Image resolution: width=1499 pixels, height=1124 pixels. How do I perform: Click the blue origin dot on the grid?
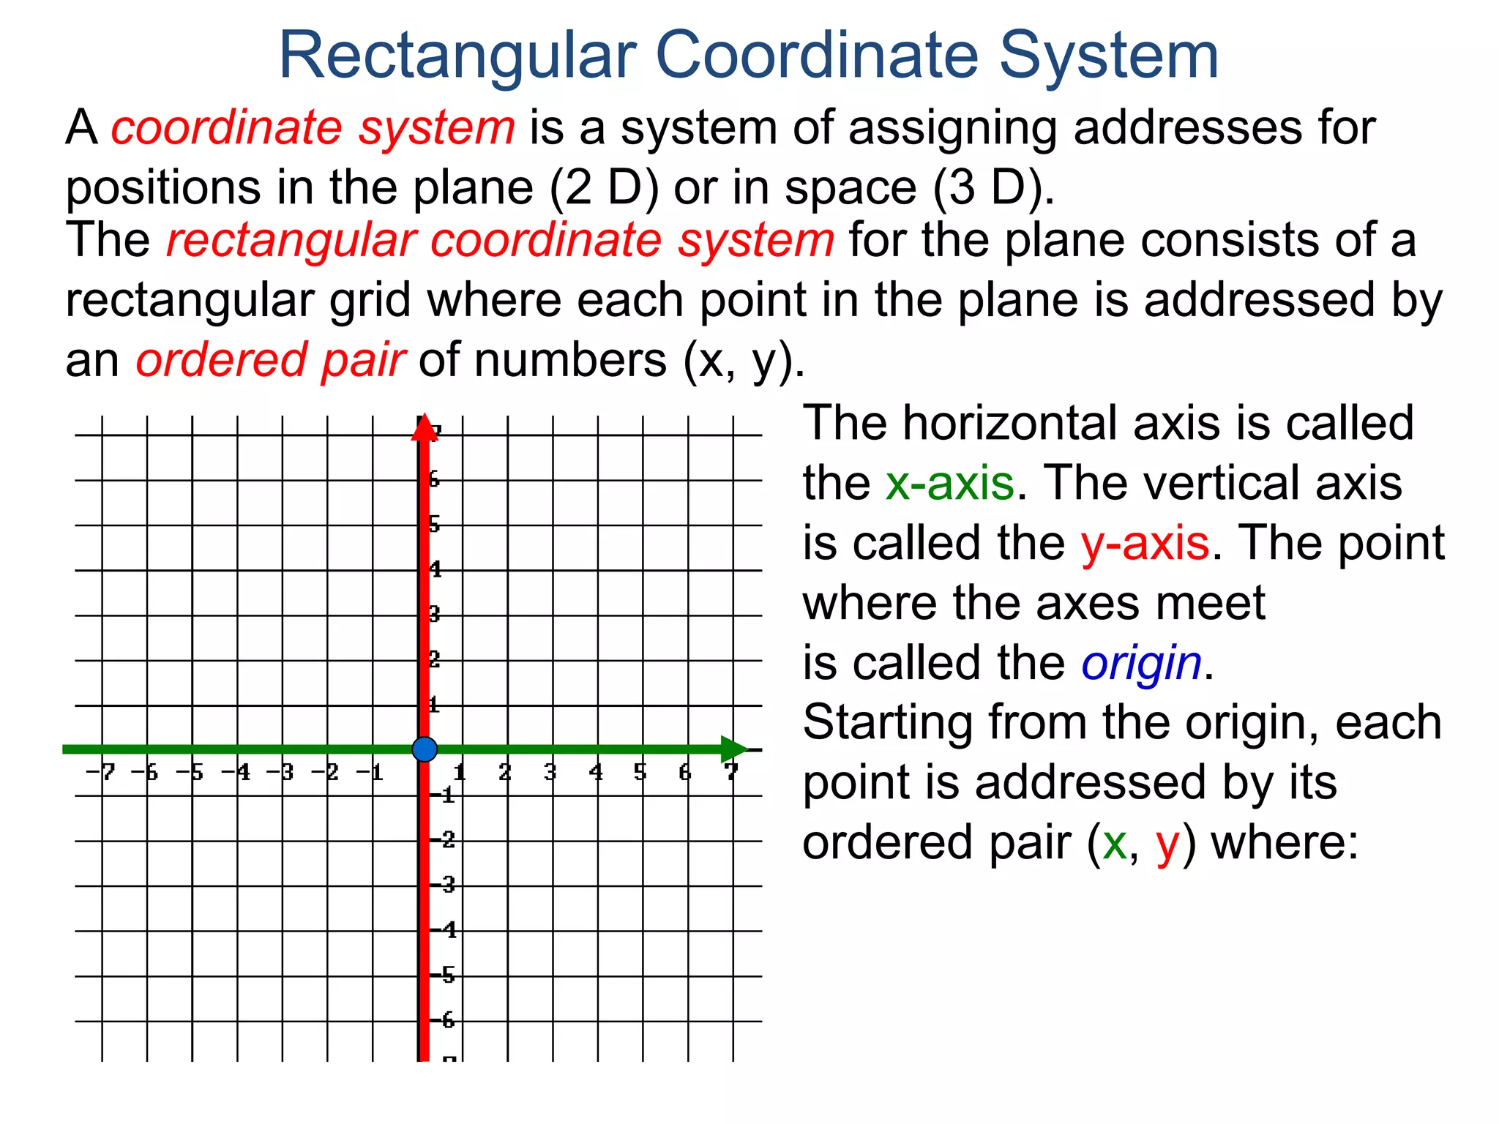coord(425,749)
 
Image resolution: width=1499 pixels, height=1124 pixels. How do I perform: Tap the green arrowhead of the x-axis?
coord(733,749)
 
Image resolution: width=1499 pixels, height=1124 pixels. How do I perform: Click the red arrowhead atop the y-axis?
coord(424,429)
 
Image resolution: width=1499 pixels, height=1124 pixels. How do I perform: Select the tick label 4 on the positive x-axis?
coord(596,772)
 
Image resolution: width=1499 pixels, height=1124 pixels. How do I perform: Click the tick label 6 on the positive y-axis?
coord(434,479)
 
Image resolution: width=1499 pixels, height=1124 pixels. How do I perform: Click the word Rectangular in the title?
coord(457,56)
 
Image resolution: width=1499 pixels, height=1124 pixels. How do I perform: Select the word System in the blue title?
coord(1108,56)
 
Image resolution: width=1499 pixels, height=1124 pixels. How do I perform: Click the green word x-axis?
coord(949,484)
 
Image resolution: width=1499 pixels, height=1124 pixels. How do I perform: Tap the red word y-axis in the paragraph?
coord(1145,544)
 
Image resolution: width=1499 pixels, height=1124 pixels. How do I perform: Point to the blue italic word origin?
coord(1141,664)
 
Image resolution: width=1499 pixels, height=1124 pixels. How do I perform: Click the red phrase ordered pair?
coord(270,361)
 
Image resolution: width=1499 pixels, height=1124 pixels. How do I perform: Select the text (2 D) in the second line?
coord(604,188)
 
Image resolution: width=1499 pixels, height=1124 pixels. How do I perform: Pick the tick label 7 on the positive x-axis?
coord(730,772)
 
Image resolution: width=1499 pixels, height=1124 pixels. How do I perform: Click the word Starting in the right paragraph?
coord(887,723)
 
